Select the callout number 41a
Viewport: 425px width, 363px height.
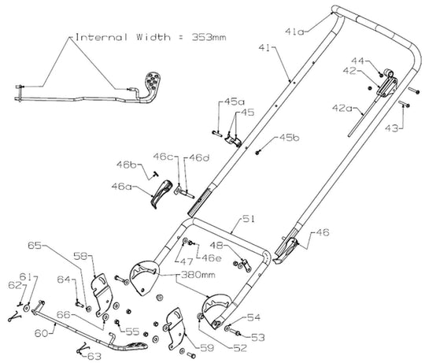click(x=295, y=31)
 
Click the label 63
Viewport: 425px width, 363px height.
click(x=95, y=357)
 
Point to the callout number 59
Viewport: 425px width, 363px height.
click(x=206, y=345)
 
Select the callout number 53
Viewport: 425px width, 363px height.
click(x=258, y=337)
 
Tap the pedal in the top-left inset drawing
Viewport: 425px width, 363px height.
click(x=152, y=84)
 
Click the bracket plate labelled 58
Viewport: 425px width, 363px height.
click(x=101, y=285)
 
